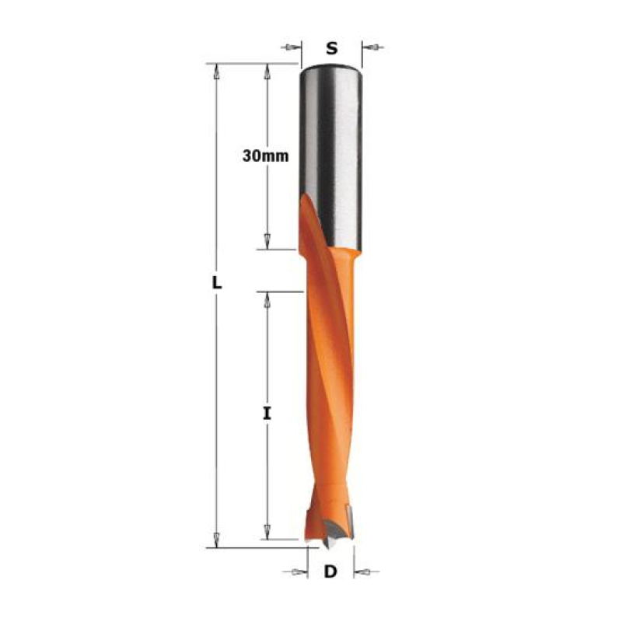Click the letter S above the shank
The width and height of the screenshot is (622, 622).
[332, 48]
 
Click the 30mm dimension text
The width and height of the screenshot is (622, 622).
[265, 156]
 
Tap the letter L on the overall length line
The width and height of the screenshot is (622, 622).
[217, 283]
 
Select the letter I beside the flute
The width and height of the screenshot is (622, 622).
[267, 414]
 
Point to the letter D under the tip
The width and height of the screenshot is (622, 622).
[330, 571]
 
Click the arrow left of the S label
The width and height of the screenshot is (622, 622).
[291, 47]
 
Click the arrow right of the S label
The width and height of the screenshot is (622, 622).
[373, 47]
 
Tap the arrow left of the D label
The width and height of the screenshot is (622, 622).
[295, 572]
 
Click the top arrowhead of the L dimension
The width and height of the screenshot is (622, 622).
[216, 71]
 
